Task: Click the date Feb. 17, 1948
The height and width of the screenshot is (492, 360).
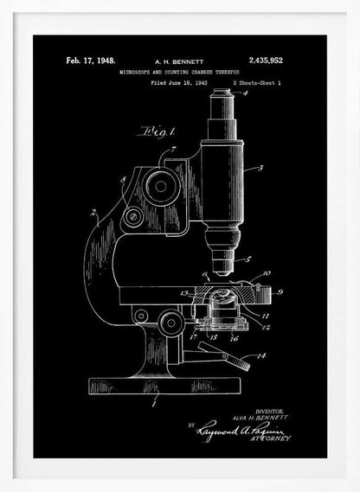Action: (x=91, y=61)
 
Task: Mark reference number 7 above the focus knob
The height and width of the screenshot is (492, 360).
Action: (x=177, y=150)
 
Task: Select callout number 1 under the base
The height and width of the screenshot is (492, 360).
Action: (x=154, y=403)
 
